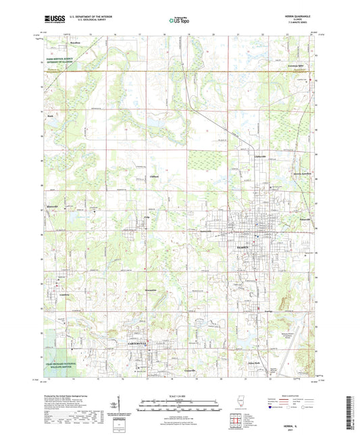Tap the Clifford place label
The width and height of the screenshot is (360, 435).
click(x=153, y=177)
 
